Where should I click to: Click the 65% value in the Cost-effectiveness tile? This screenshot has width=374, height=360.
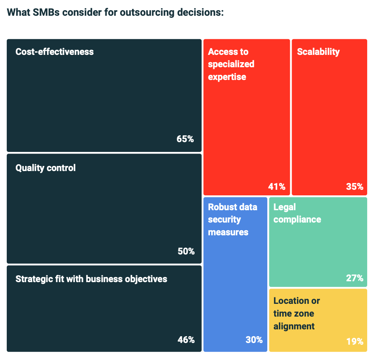185,139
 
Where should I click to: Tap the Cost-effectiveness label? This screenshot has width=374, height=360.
54,52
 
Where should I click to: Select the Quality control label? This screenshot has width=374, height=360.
45,168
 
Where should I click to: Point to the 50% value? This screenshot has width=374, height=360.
186,251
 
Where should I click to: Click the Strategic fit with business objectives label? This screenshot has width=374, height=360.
91,279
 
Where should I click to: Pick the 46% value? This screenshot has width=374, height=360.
186,340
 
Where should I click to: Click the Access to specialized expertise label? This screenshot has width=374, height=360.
231,64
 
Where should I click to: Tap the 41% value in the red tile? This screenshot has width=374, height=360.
277,186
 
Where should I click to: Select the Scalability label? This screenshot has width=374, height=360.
318,52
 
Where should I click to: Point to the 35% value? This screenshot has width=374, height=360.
354,186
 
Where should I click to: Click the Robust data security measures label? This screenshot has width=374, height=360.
232,220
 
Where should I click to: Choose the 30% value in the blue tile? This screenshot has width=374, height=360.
254,340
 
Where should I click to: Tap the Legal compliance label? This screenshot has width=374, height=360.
297,214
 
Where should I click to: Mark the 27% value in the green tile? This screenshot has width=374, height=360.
354,278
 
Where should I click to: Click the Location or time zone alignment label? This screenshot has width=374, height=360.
296,314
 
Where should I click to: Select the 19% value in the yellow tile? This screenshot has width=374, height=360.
354,341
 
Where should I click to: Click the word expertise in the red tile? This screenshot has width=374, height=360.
227,77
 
